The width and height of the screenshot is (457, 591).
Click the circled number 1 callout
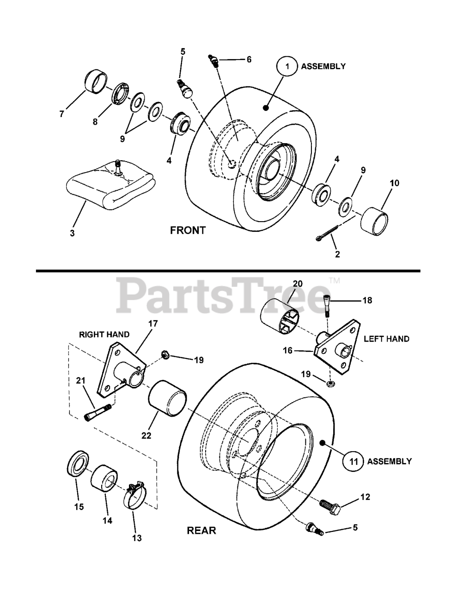(287, 66)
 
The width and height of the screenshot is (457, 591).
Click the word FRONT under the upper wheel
(188, 230)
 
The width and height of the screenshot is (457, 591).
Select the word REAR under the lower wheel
(201, 530)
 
